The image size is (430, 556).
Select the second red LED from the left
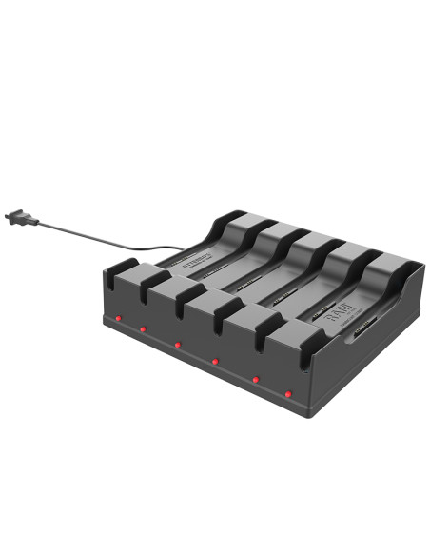tap(143, 330)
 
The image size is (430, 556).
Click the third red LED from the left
tap(178, 344)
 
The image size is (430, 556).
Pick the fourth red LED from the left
tap(216, 361)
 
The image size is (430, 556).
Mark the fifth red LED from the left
tap(256, 379)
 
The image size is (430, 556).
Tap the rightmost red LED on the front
tap(289, 393)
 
